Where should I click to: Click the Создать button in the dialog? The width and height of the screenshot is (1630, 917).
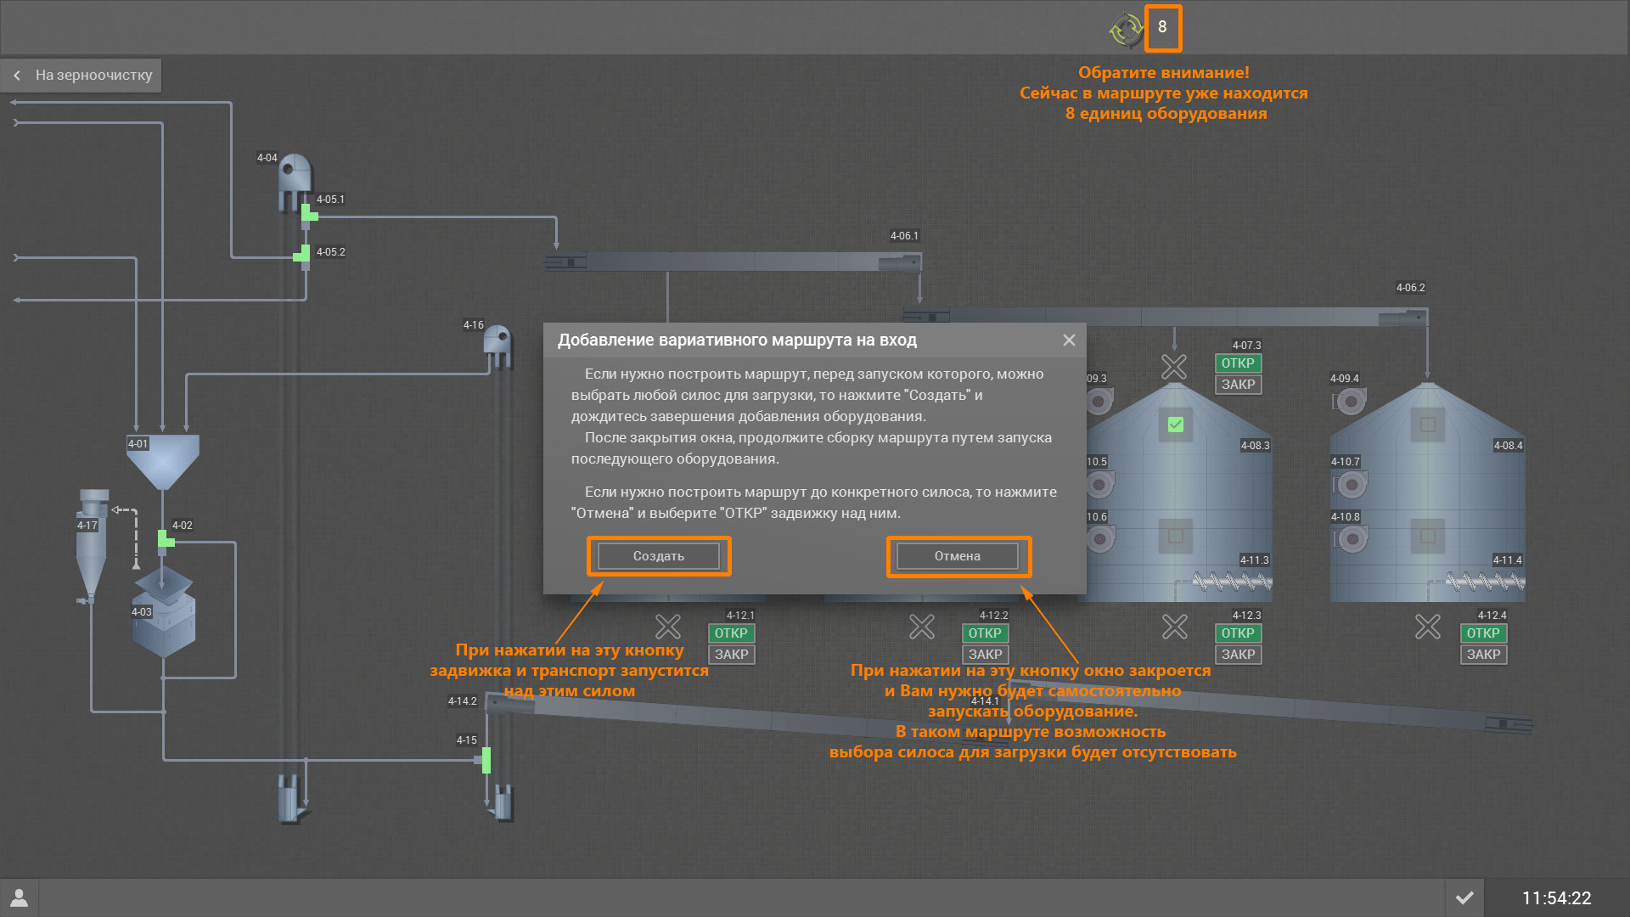pyautogui.click(x=658, y=556)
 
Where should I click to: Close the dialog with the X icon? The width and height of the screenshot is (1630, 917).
pyautogui.click(x=1069, y=340)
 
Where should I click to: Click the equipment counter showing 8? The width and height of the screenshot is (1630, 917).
pyautogui.click(x=1162, y=27)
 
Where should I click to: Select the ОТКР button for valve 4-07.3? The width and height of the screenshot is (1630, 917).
pyautogui.click(x=1238, y=363)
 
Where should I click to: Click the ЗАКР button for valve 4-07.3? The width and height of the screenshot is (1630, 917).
pyautogui.click(x=1238, y=385)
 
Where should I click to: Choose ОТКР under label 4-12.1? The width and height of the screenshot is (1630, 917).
pyautogui.click(x=731, y=633)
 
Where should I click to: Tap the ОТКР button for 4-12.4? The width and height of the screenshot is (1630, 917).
pyautogui.click(x=1483, y=633)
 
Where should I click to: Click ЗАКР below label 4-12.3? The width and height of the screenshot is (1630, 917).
pyautogui.click(x=1238, y=655)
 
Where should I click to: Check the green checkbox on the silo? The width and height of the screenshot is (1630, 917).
pyautogui.click(x=1176, y=425)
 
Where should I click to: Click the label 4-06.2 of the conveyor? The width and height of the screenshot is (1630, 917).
pyautogui.click(x=1410, y=288)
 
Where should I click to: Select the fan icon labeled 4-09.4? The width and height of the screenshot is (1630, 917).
pyautogui.click(x=1351, y=400)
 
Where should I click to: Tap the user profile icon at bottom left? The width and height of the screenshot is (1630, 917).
pyautogui.click(x=20, y=897)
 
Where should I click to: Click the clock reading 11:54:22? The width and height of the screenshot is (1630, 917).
pyautogui.click(x=1556, y=898)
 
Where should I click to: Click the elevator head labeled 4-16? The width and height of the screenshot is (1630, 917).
pyautogui.click(x=497, y=343)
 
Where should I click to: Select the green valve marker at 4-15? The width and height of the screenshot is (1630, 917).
pyautogui.click(x=486, y=760)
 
